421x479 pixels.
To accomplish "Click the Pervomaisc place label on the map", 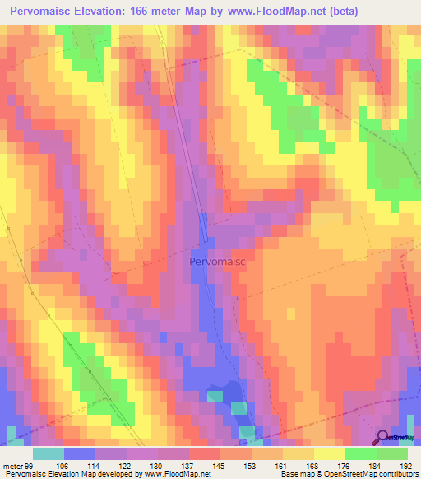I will pyautogui.click(x=217, y=261).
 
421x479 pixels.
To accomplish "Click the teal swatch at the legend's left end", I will pyautogui.click(x=48, y=453).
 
